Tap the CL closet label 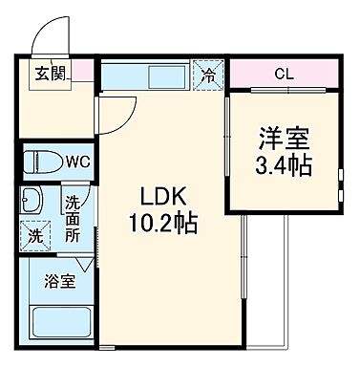[x=284, y=74]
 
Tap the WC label [x=76, y=161]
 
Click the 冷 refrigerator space [x=206, y=74]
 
